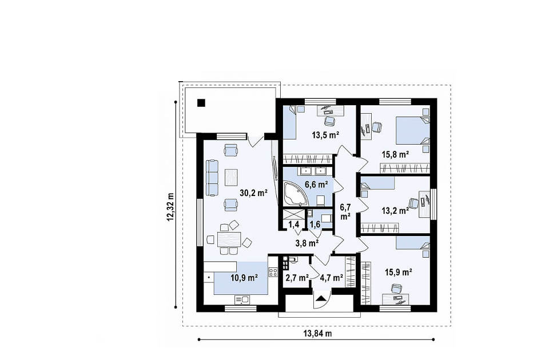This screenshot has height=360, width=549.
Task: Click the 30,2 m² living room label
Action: pos(253,192)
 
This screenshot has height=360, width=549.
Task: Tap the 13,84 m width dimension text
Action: pos(317,333)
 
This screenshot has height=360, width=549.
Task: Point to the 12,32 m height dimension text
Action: pos(170,207)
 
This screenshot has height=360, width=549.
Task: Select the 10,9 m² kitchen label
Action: pos(244,278)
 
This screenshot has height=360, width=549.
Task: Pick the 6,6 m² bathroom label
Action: pos(316,184)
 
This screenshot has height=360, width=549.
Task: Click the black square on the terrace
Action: pos(201,102)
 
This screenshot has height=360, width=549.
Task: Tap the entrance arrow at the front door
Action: pos(321,298)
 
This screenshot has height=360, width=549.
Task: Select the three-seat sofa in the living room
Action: pos(212,178)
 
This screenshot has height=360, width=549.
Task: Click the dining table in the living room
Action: pos(229,240)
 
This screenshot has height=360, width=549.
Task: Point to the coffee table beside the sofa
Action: pos(231,177)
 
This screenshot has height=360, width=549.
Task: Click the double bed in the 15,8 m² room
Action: pos(413,130)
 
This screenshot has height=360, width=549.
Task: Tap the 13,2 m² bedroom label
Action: pos(395,211)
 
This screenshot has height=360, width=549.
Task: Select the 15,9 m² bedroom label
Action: pos(399,272)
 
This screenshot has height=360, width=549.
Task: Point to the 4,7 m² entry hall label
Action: pos(331,278)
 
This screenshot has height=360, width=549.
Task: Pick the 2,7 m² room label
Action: pos(297,278)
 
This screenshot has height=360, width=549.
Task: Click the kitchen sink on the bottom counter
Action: pos(241,299)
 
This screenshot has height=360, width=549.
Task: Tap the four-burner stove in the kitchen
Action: pos(273,272)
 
